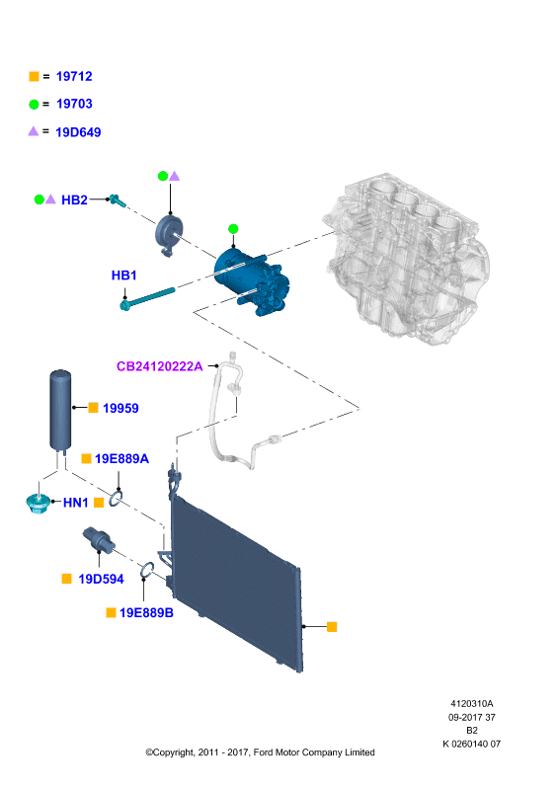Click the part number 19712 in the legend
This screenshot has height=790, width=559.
74,77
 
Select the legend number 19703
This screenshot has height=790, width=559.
74,104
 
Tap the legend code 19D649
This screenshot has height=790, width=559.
78,132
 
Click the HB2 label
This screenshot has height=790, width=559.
74,200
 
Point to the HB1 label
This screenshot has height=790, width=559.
124,276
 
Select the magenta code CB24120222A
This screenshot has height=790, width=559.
159,366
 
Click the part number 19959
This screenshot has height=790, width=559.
120,408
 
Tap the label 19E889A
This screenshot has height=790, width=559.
122,458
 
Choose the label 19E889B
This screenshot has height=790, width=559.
146,612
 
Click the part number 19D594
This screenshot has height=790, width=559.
101,579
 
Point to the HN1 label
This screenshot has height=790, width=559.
76,503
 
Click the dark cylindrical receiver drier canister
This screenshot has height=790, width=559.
60,409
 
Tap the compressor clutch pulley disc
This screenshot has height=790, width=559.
169,234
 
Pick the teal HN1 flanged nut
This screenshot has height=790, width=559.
38,504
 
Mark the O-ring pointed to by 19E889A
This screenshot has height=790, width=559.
116,499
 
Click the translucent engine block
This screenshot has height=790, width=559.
406,258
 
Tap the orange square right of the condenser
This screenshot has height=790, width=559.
332,627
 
